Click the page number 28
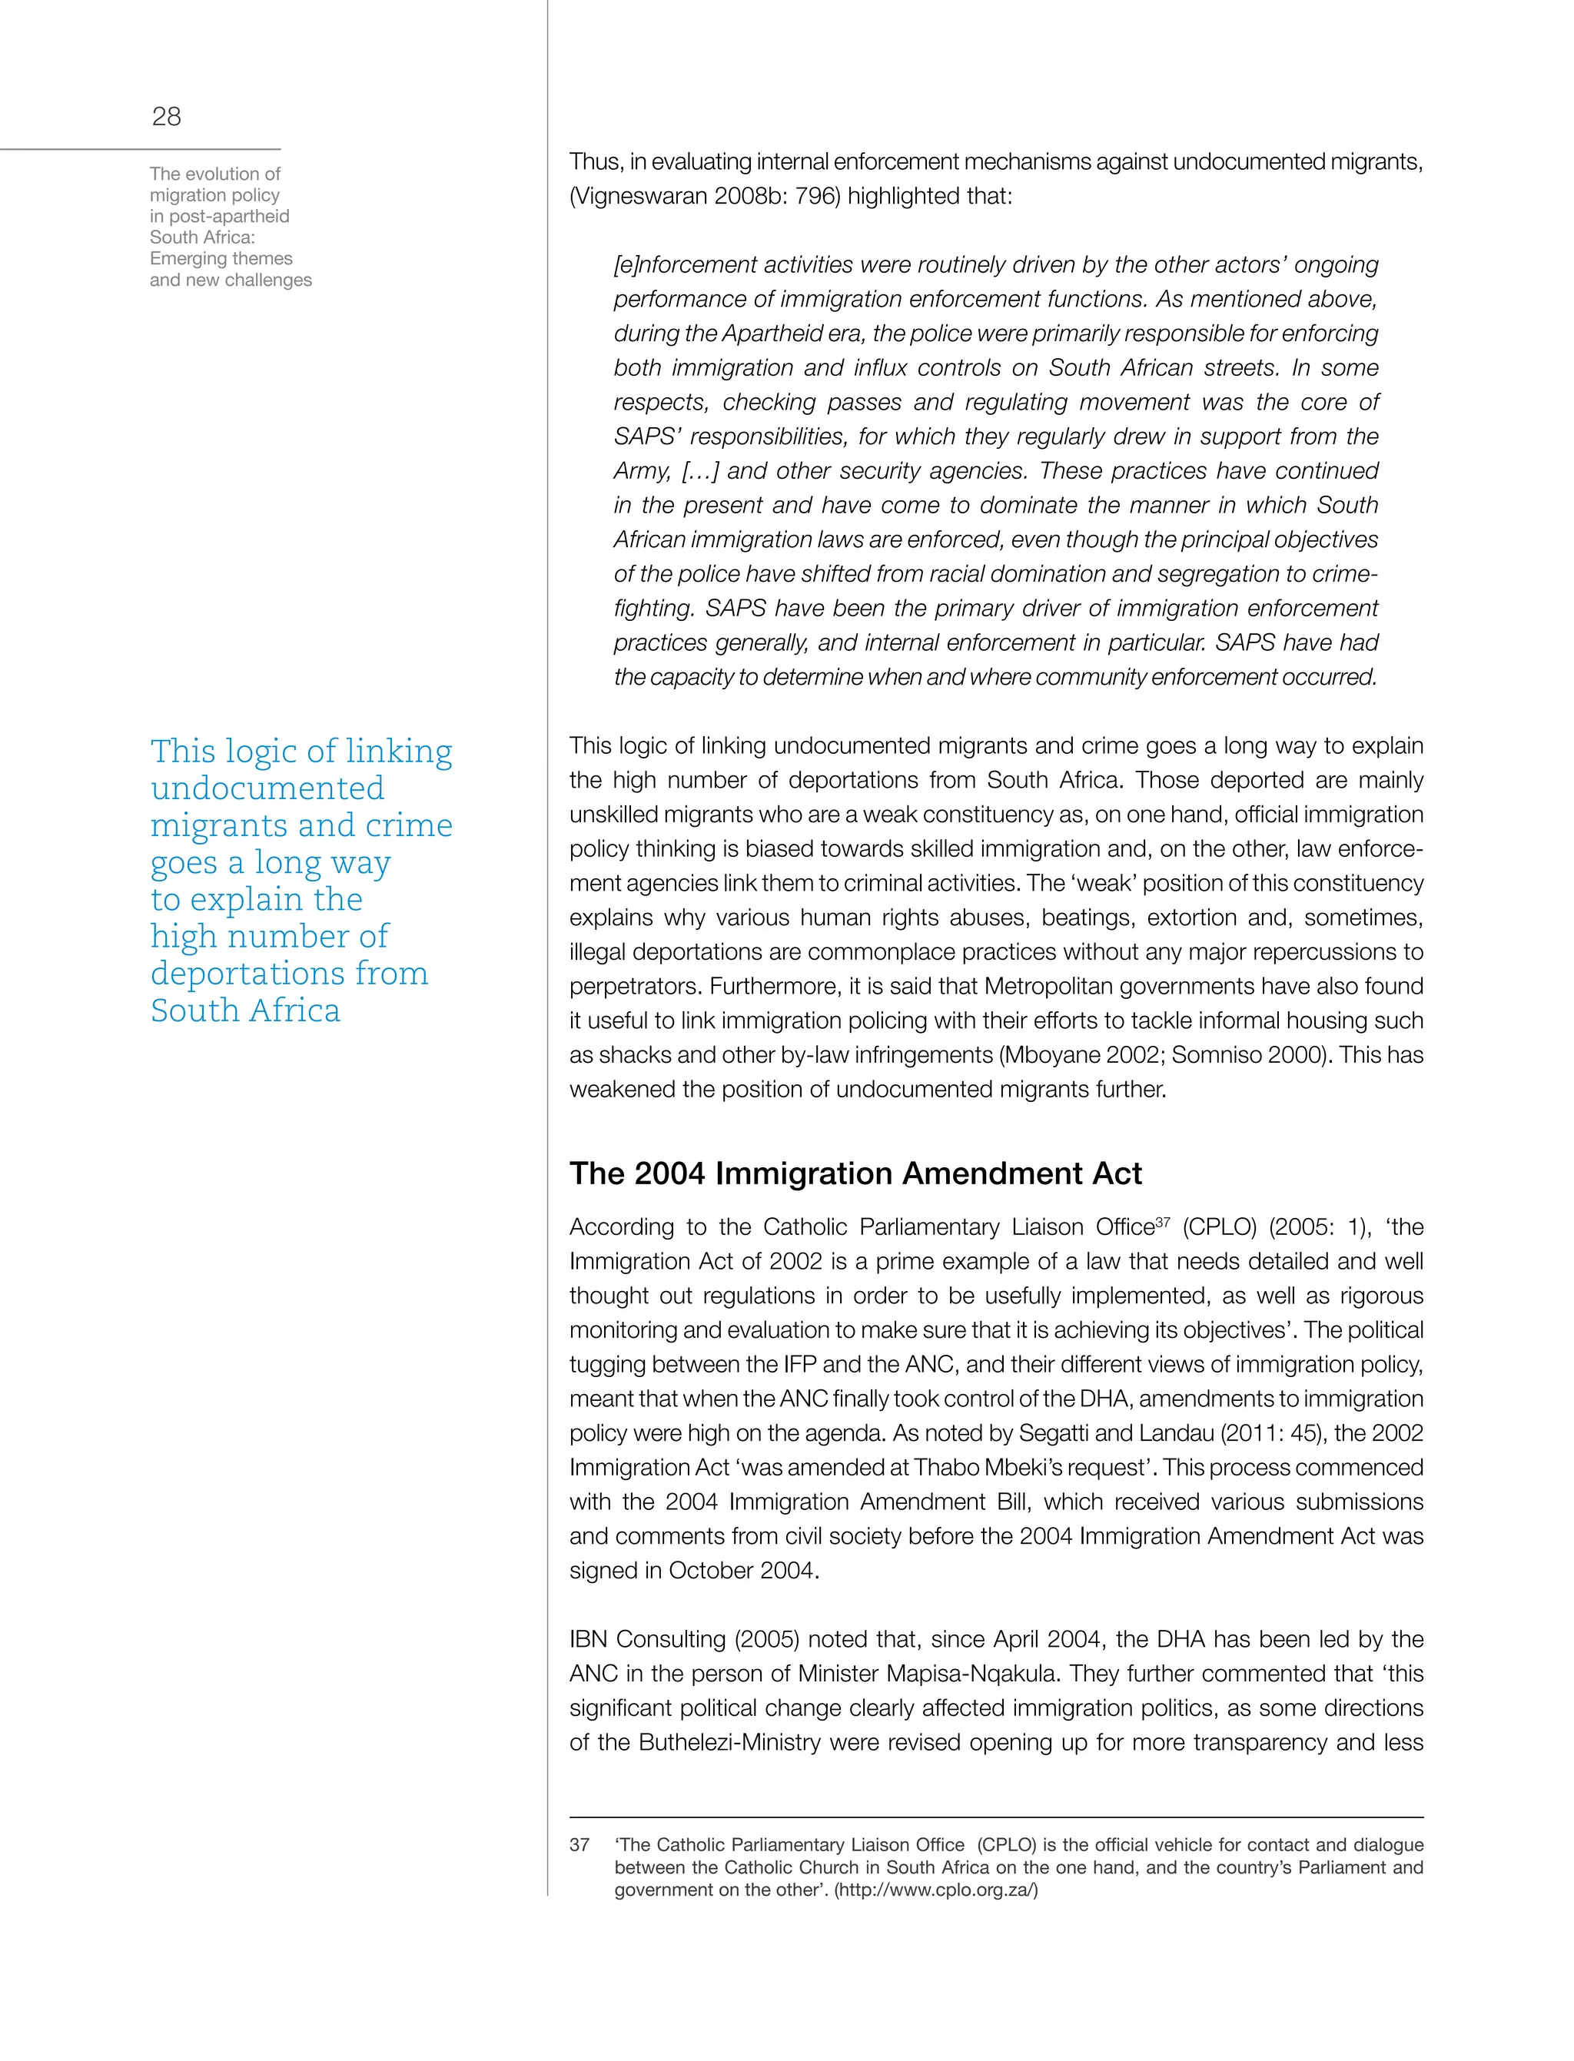[x=166, y=116]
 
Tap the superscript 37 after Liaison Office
[x=1162, y=1222]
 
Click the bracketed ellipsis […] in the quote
[x=700, y=470]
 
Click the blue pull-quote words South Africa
[x=245, y=1010]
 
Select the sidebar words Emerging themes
[x=221, y=258]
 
